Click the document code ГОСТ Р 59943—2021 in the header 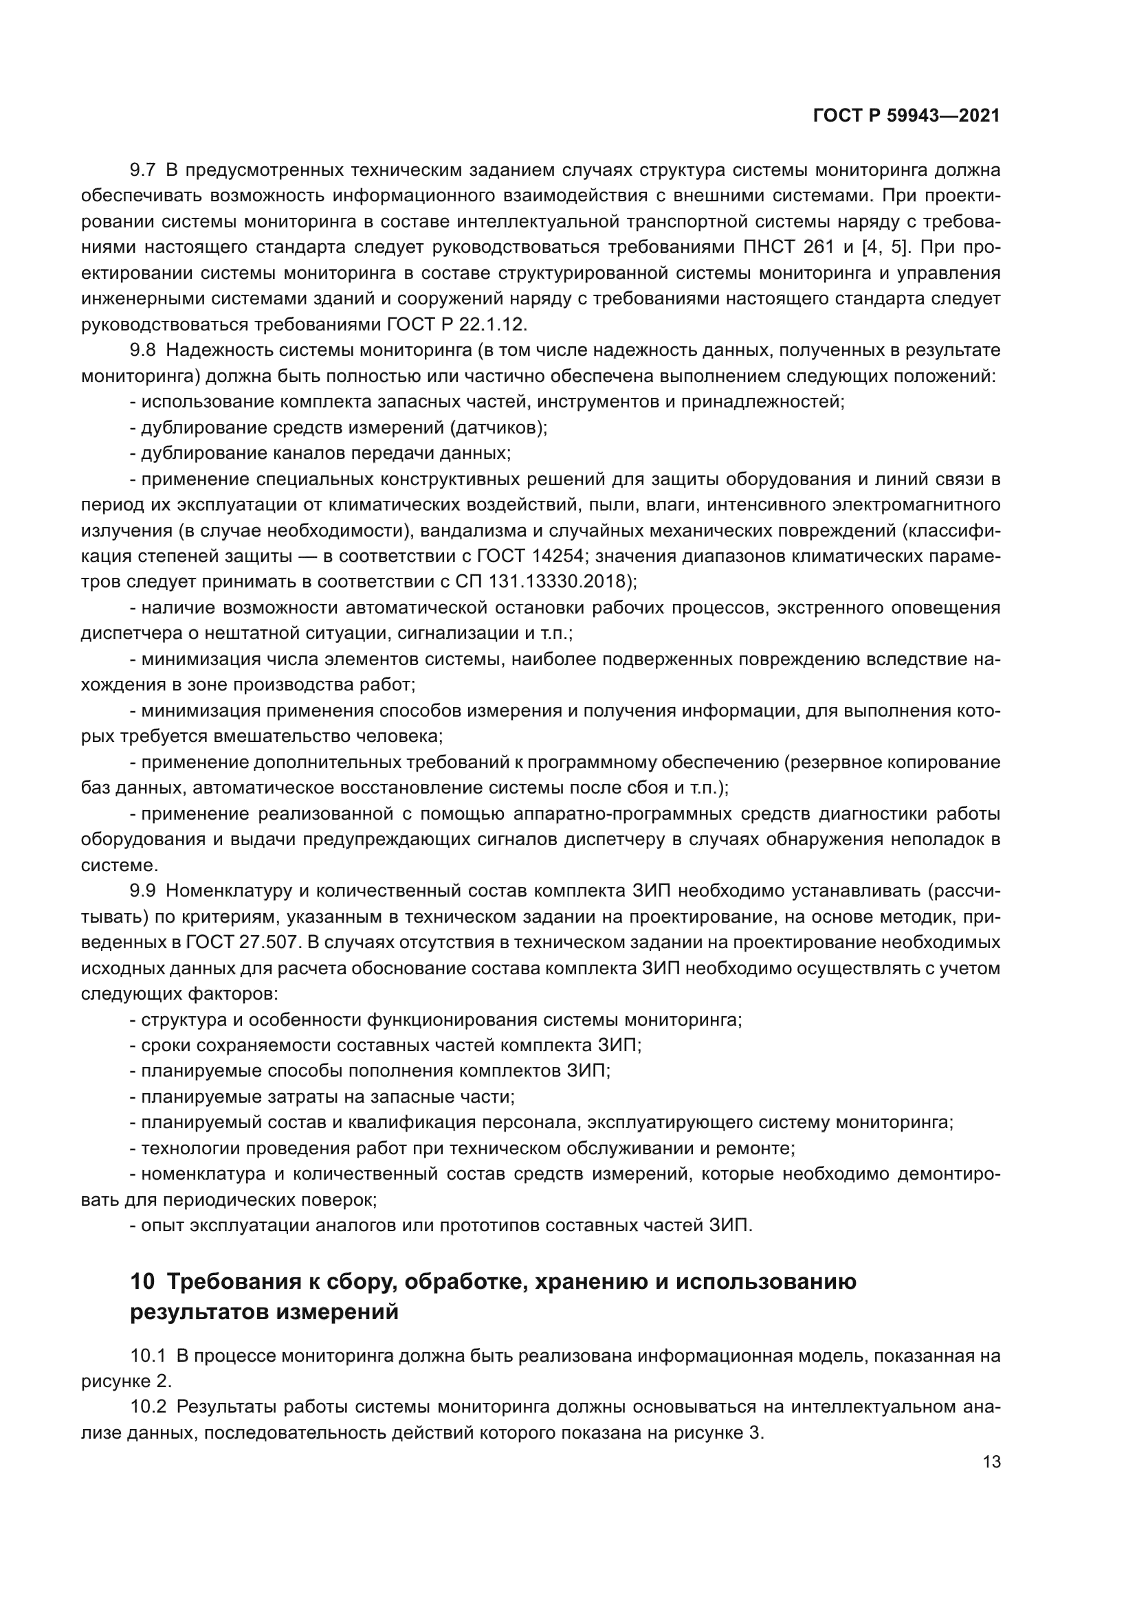(906, 116)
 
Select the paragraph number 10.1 (148, 1356)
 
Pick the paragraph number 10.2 (148, 1407)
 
